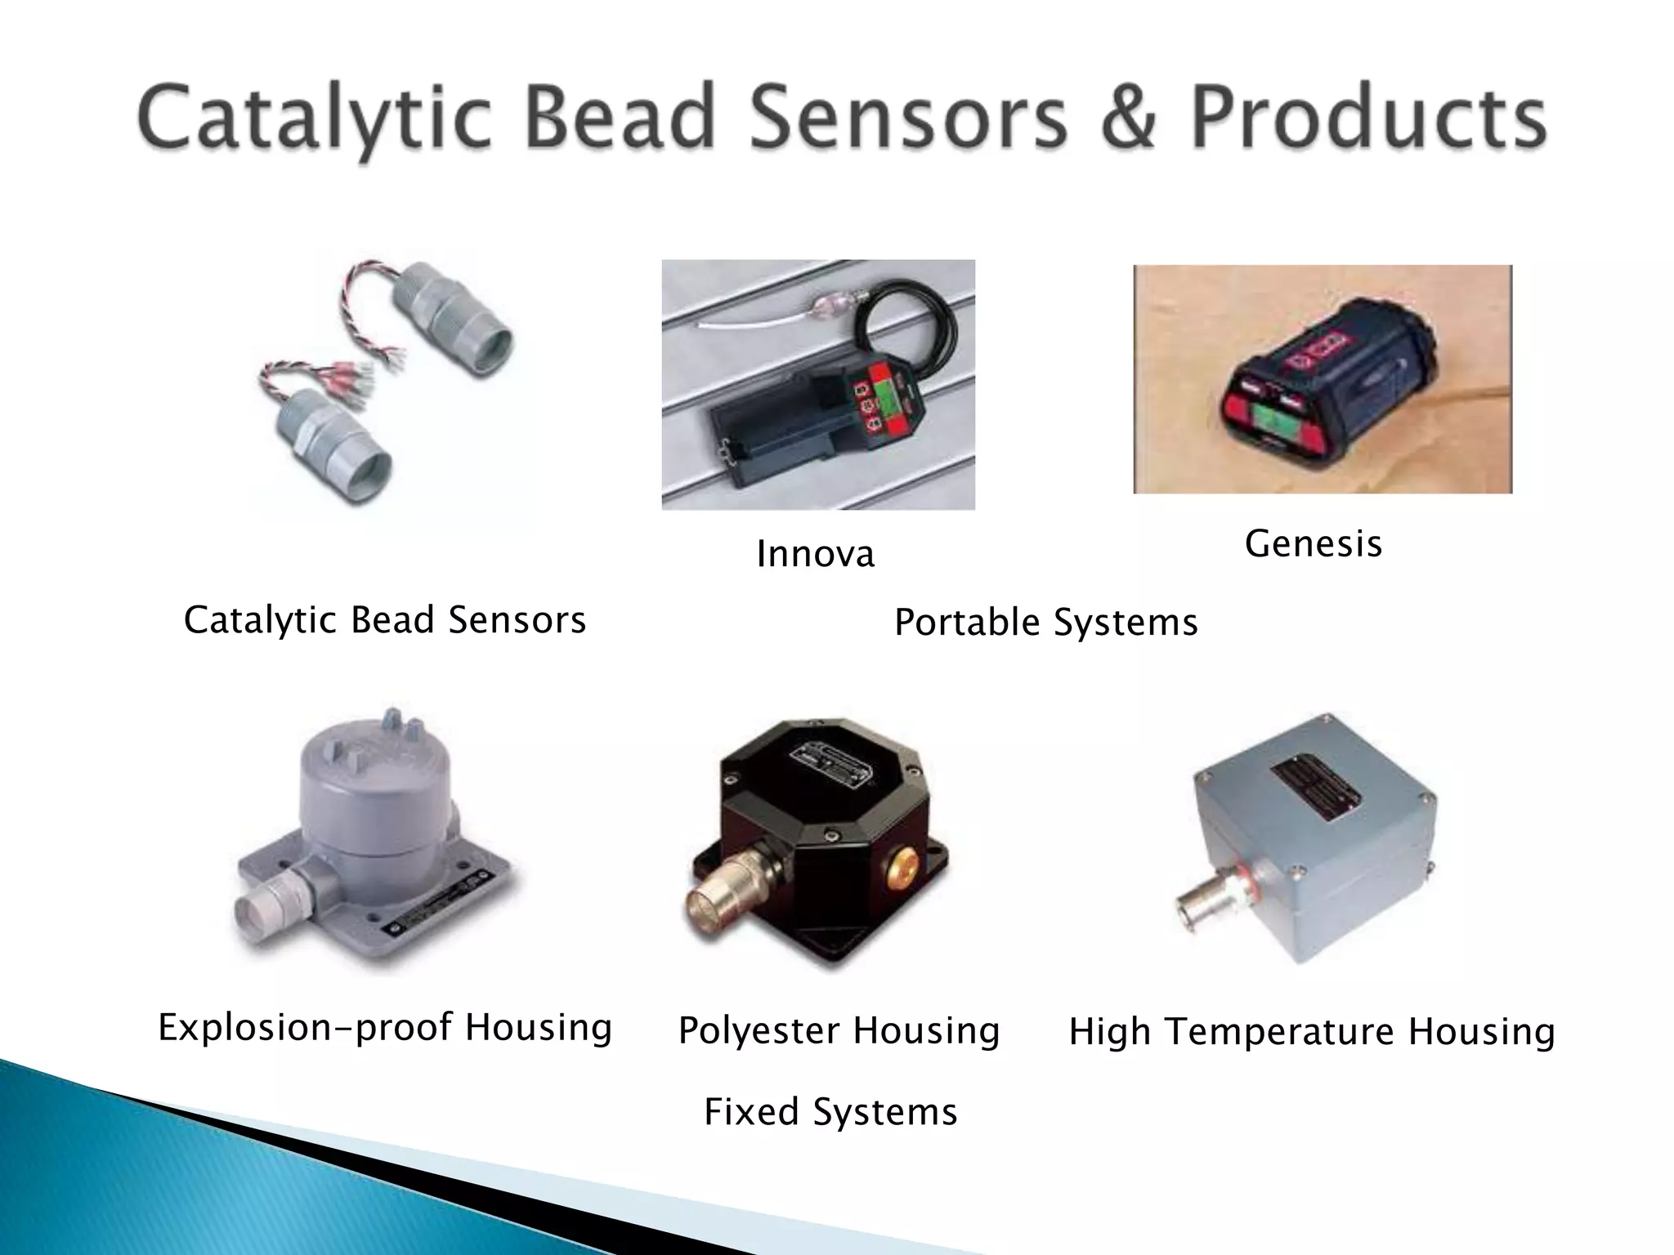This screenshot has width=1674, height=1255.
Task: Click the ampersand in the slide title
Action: (1128, 120)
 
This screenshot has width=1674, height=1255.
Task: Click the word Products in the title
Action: (1367, 120)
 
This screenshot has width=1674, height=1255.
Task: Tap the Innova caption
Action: (815, 554)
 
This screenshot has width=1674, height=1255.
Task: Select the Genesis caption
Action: (1313, 543)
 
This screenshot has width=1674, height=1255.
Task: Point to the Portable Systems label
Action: (1045, 623)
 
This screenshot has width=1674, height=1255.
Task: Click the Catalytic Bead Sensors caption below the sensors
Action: (384, 619)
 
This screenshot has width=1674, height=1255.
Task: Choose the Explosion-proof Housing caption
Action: (384, 1027)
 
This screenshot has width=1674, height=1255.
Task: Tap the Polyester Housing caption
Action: (839, 1030)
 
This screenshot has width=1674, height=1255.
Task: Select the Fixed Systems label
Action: (830, 1112)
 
